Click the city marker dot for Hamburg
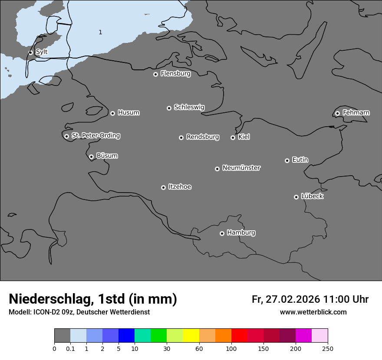point(222,233)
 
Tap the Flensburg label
point(175,74)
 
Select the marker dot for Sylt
point(31,52)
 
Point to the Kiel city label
point(244,137)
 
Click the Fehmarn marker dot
point(337,113)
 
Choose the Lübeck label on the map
point(312,196)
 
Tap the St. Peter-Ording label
point(95,136)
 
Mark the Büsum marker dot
point(91,157)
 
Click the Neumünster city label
point(241,168)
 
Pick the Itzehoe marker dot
point(163,187)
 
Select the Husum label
point(128,113)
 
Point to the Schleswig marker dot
point(169,108)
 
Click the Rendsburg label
point(203,137)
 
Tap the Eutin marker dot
point(287,160)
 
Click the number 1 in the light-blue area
point(100,32)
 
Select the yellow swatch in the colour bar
point(191,336)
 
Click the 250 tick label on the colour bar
point(328,349)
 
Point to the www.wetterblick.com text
point(313,312)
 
